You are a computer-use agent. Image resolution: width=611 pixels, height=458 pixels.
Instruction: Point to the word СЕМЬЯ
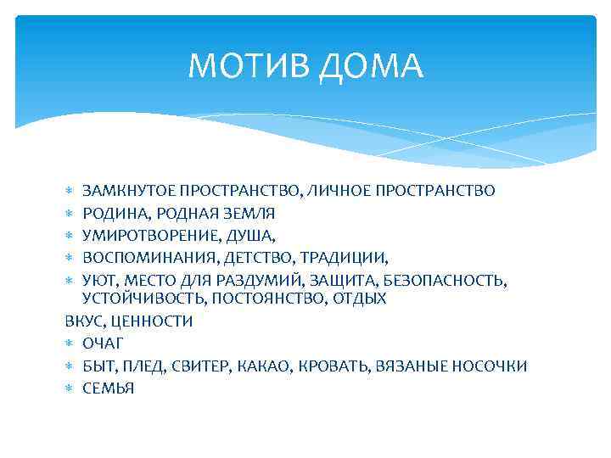pos(108,388)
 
